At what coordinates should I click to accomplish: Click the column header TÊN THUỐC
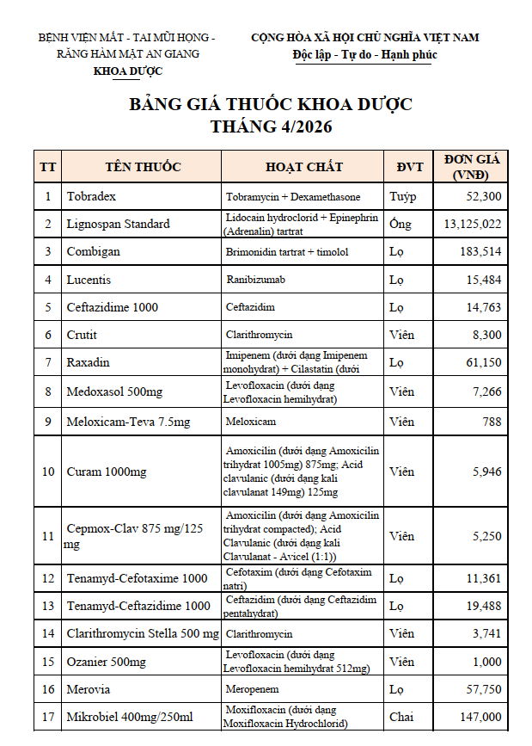[x=143, y=167]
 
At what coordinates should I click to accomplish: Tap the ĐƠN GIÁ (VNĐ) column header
[x=471, y=167]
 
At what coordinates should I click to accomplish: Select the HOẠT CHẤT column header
[x=303, y=167]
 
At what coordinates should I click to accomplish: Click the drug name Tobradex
[x=91, y=196]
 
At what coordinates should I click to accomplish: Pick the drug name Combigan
[x=93, y=252]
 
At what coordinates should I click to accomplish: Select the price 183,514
[x=480, y=252]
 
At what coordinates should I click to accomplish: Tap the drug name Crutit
[x=82, y=335]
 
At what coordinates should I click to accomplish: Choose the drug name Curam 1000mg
[x=107, y=472]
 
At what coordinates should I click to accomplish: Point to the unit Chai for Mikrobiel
[x=401, y=717]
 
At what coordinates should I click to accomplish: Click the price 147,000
[x=480, y=717]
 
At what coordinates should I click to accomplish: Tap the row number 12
[x=48, y=578]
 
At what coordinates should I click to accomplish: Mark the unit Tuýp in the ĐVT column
[x=403, y=196]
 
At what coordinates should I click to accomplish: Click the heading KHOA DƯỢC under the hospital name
[x=127, y=71]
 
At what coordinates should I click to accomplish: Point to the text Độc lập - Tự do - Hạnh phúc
[x=364, y=54]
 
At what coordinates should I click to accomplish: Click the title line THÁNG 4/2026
[x=271, y=126]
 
